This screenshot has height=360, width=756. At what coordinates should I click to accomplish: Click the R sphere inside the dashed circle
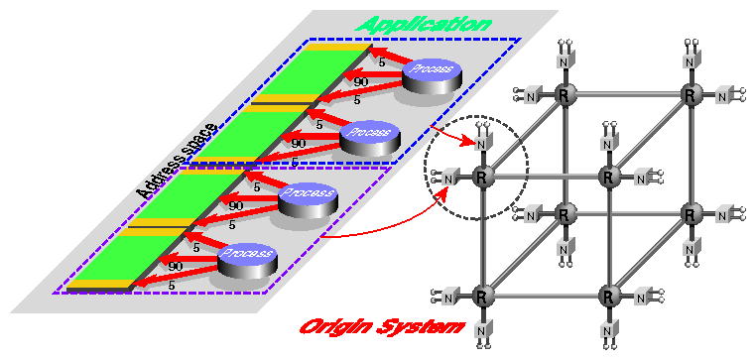(x=481, y=179)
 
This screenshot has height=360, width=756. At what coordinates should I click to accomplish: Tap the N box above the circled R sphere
(x=482, y=145)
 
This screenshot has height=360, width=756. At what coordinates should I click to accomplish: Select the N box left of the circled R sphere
(x=448, y=179)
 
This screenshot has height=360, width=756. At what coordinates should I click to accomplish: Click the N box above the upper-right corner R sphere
(x=691, y=60)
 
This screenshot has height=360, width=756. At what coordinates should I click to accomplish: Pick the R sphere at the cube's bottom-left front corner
(x=481, y=296)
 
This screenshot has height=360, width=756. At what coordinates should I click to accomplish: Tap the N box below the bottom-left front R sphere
(x=482, y=329)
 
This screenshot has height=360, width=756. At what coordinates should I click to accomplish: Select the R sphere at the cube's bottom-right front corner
(x=610, y=296)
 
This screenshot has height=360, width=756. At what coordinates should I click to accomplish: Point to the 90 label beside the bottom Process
(x=176, y=267)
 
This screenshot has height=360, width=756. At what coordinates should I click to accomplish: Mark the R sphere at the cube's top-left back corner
(x=563, y=95)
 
